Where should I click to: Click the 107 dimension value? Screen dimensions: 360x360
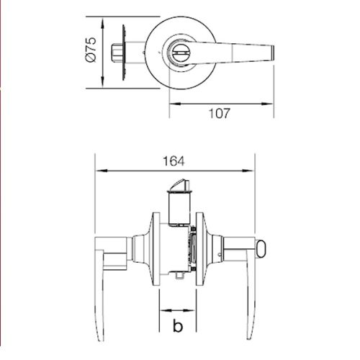[221, 113]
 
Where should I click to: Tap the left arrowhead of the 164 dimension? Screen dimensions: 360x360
[100, 171]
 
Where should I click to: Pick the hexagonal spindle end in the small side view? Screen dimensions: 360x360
[117, 52]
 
